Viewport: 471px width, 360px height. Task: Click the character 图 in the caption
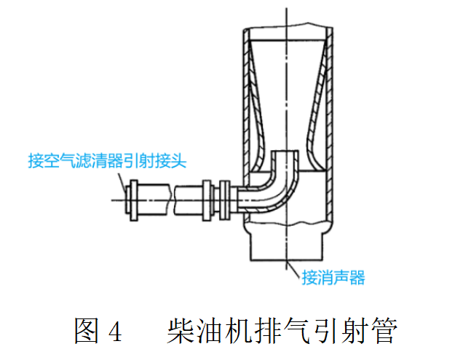[85, 331]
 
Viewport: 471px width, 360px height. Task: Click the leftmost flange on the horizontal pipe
[132, 197]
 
